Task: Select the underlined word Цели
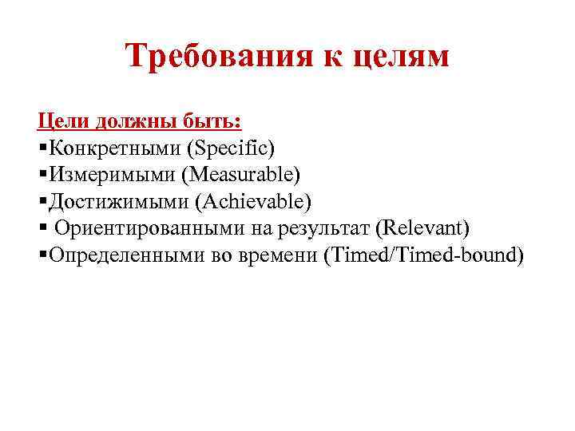tap(64, 121)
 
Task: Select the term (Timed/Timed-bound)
tap(423, 255)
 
